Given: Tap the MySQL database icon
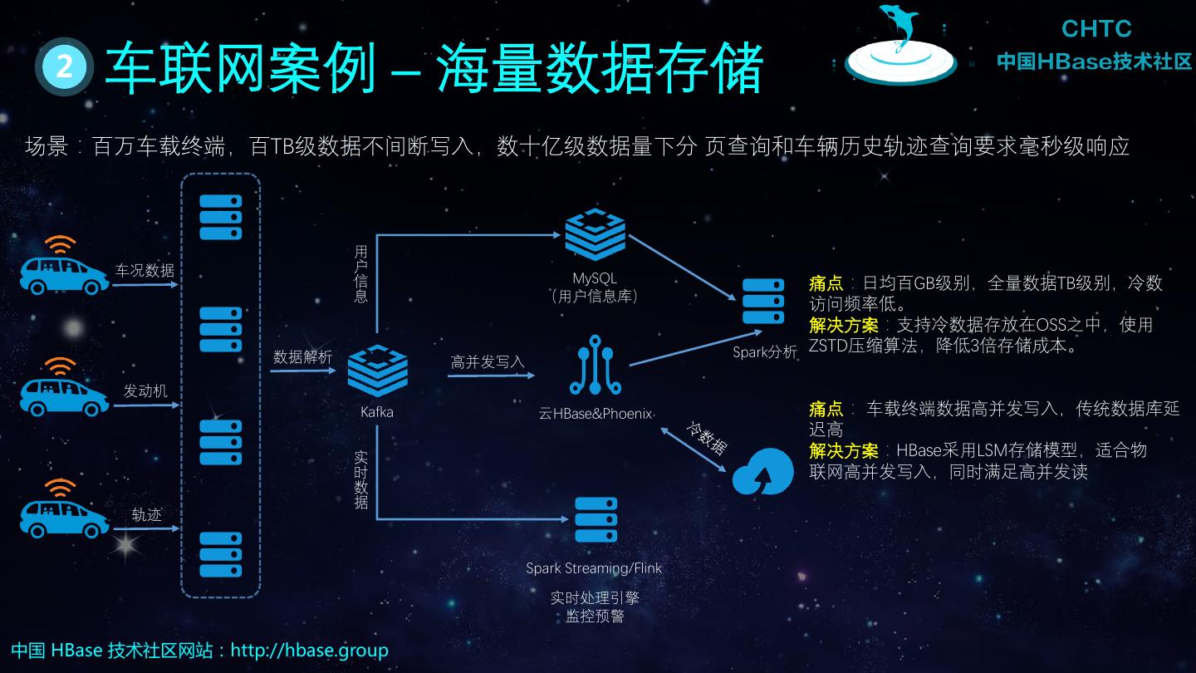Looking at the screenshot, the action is point(595,235).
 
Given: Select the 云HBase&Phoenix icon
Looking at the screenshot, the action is point(596,366).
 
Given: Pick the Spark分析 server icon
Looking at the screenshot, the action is point(763,301).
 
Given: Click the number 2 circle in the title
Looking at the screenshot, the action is point(64,66).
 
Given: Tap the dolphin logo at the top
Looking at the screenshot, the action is point(900,46).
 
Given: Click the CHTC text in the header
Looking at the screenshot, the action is point(1096,29).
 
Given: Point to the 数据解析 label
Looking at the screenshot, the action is point(302,356).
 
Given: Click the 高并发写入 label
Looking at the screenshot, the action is point(488,362).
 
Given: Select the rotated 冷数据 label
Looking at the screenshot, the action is point(707,438).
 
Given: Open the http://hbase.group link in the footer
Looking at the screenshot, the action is point(309,650).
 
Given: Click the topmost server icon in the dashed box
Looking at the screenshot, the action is point(220,217).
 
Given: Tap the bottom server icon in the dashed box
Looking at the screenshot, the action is point(220,555).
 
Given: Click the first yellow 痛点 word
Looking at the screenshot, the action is point(826,283).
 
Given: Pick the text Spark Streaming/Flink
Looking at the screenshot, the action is point(594,569).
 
